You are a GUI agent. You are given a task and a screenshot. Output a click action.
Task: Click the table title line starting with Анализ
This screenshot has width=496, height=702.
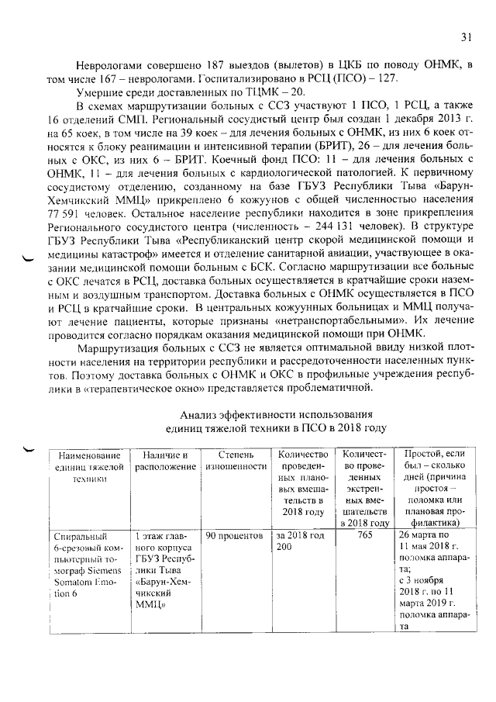pyautogui.click(x=276, y=414)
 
